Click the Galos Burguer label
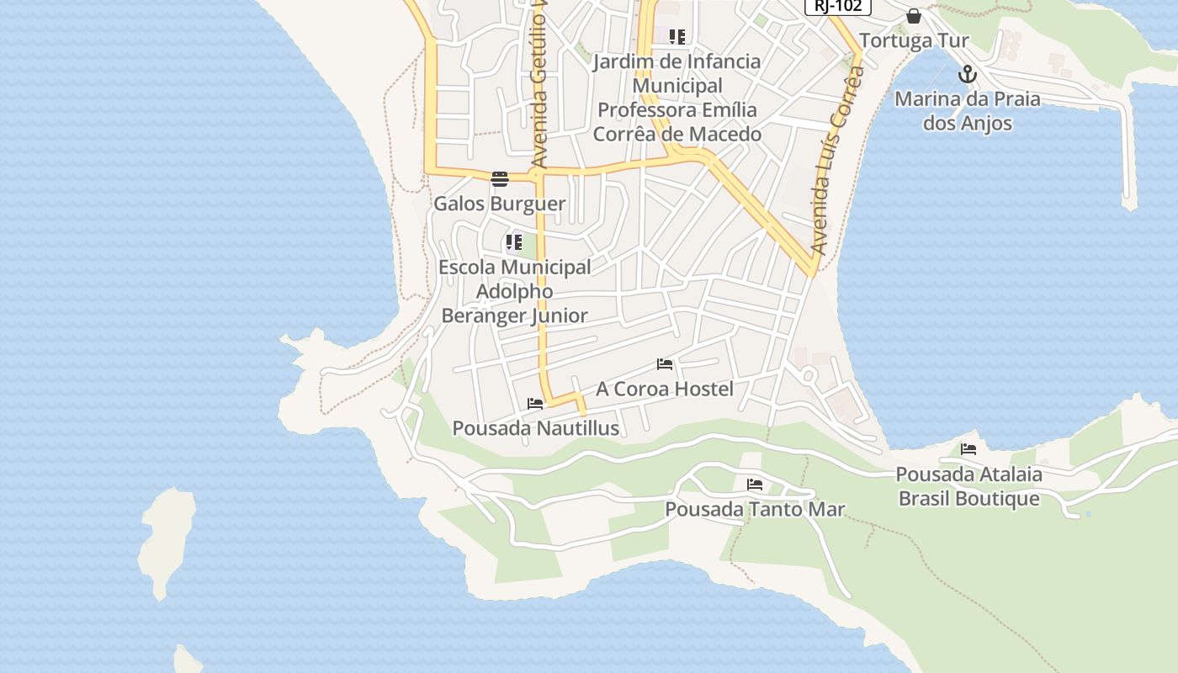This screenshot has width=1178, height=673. tap(499, 204)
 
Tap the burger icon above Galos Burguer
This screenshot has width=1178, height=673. tap(500, 178)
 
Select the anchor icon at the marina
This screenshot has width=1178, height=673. tap(968, 74)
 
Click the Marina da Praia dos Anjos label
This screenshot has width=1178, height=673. tap(967, 111)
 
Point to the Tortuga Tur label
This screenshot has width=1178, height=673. tap(914, 40)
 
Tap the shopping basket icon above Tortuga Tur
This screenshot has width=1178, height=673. tap(914, 16)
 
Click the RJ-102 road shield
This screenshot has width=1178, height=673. tap(837, 6)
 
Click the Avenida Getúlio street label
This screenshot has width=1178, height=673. tap(539, 84)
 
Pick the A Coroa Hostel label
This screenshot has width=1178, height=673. tap(665, 389)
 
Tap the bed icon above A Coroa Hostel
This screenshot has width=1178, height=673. tap(665, 364)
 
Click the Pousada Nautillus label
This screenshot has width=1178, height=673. tap(535, 428)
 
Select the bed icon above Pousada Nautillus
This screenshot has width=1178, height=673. tap(535, 404)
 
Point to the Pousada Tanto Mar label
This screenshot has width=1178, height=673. tap(755, 509)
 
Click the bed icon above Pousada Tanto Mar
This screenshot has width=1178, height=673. tap(755, 485)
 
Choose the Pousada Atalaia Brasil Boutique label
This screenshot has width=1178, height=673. tap(968, 486)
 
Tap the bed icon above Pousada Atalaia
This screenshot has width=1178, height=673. tap(968, 449)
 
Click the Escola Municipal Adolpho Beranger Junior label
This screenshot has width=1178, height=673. tap(515, 291)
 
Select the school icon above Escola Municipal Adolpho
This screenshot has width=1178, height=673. tap(514, 243)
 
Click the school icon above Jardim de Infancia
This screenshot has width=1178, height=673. tap(677, 37)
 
